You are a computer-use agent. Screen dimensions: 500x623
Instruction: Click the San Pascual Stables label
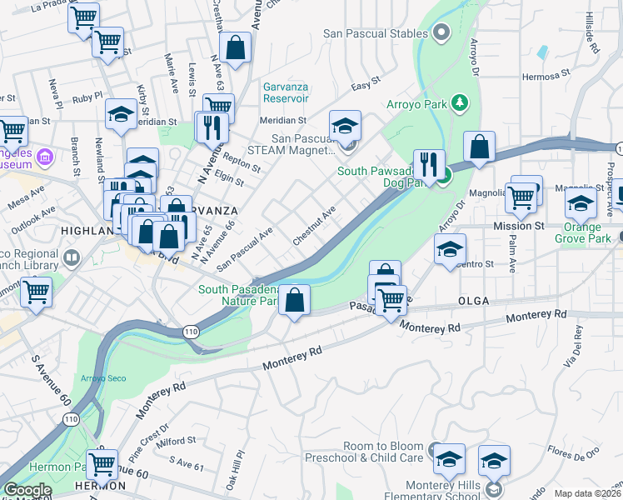(376, 34)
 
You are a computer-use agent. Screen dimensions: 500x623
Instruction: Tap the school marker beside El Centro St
(450, 247)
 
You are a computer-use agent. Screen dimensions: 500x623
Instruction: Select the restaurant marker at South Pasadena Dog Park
(430, 164)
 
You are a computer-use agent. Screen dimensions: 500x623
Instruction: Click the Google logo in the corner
(27, 491)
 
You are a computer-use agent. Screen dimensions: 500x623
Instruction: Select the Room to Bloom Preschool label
(375, 452)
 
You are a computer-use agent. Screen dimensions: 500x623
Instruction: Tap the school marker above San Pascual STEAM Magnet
(345, 125)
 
